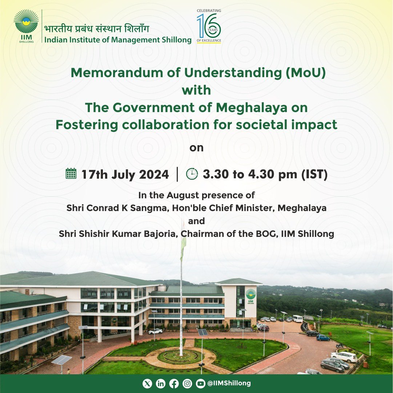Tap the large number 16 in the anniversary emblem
pos(209,25)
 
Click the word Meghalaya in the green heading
pos(251,108)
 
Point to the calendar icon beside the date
pos(71,173)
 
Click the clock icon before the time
pos(192,174)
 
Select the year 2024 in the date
pos(154,174)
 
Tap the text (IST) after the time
pos(314,174)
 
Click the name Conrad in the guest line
pos(103,208)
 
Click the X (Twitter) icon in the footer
pos(147,384)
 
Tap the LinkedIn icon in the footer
pos(160,384)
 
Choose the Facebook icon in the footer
pos(174,384)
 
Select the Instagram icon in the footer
pos(187,384)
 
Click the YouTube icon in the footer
pos(200,384)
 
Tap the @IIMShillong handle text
pos(229,383)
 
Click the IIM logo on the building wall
pos(250,296)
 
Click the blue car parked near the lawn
pos(323,338)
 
